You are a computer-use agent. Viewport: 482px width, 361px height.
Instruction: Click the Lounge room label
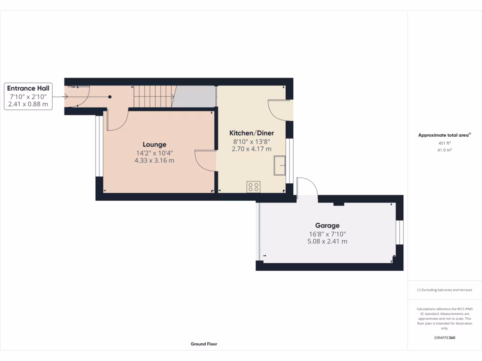click(155, 144)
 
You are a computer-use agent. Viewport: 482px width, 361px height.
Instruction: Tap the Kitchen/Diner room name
click(251, 133)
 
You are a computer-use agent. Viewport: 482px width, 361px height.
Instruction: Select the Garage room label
click(327, 226)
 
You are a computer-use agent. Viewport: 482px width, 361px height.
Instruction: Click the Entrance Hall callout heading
click(28, 88)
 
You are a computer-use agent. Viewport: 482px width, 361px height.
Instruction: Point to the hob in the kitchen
click(253, 187)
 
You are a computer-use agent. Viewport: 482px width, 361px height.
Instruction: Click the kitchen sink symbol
click(280, 165)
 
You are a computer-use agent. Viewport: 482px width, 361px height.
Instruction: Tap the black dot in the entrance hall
click(110, 97)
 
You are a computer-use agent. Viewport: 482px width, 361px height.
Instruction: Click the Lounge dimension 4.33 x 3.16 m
click(155, 160)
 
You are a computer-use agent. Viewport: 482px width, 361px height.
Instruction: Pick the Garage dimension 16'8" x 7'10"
click(327, 234)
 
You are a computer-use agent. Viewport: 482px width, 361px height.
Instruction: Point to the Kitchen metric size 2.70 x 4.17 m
click(251, 149)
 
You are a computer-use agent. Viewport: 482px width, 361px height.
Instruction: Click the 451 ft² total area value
click(445, 143)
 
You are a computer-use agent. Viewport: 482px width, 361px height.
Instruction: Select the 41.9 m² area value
click(445, 150)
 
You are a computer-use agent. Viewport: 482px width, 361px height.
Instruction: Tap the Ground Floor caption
click(204, 344)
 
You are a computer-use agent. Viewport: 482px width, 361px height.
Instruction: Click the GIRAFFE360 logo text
click(445, 337)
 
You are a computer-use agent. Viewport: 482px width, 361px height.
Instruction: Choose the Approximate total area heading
click(445, 135)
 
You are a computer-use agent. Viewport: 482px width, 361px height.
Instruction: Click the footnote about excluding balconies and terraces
click(445, 290)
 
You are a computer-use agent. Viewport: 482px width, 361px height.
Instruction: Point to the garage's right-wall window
click(399, 232)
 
